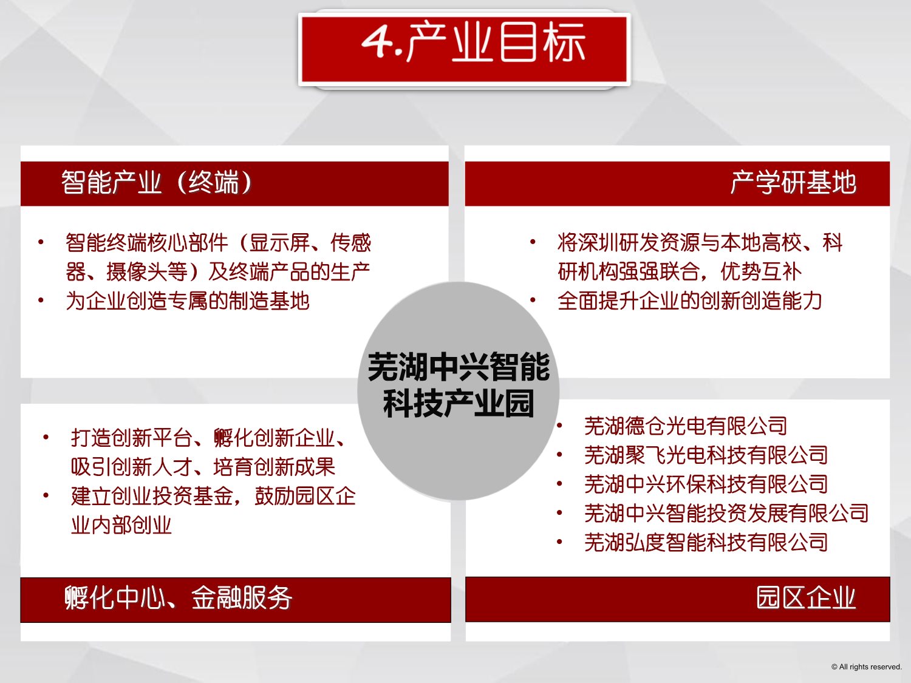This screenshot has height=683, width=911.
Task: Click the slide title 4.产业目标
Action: tap(473, 42)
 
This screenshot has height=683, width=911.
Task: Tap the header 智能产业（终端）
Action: tap(157, 183)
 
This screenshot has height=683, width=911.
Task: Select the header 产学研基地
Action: tap(793, 183)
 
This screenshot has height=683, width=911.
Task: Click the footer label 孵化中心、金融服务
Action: tap(178, 598)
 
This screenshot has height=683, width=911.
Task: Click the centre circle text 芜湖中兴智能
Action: tap(459, 367)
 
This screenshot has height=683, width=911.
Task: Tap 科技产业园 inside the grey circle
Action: tap(459, 403)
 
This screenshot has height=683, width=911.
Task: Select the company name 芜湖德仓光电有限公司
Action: tap(686, 426)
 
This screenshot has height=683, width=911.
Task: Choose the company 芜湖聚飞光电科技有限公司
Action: tap(706, 455)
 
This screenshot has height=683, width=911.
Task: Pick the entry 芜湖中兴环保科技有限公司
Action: tap(706, 484)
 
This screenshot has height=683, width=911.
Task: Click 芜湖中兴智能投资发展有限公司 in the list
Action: tap(726, 513)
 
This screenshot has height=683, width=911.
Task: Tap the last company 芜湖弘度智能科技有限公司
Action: tap(706, 542)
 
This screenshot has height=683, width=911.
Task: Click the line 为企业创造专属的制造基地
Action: tap(188, 301)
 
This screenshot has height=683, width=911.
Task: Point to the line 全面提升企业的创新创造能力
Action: tap(690, 301)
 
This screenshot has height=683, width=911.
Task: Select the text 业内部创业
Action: tap(121, 525)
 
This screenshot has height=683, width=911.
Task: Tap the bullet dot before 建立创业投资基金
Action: tap(46, 495)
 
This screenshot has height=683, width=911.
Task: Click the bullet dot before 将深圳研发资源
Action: tap(533, 242)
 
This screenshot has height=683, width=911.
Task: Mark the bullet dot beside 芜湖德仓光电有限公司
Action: tap(559, 425)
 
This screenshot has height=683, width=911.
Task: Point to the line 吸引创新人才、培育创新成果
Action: tap(203, 467)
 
